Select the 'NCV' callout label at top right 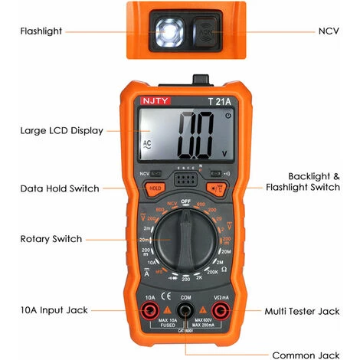pos(327,31)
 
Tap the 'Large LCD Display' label pos(61,131)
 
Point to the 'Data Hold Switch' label pos(59,188)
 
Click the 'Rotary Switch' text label pos(51,239)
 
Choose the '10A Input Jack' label pos(54,310)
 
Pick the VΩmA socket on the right pos(221,311)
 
